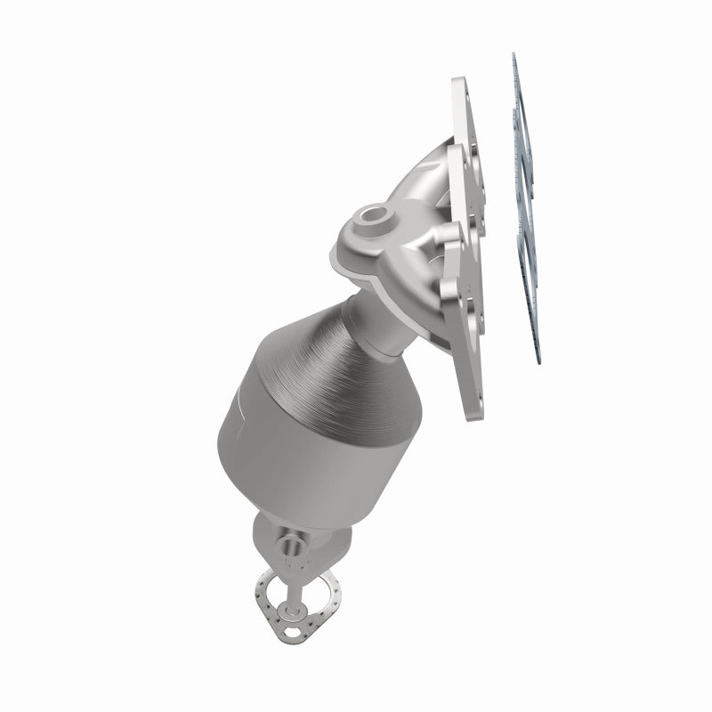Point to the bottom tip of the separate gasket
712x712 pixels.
click(538, 363)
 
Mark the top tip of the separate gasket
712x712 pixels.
click(514, 56)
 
